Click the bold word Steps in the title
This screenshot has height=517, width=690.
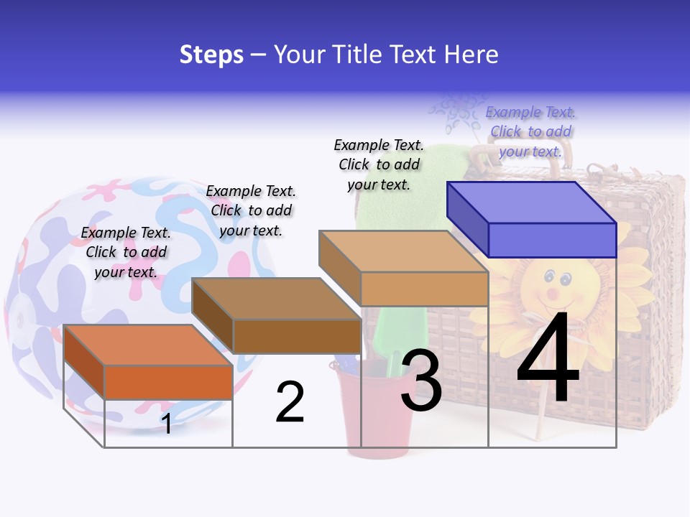[x=211, y=55]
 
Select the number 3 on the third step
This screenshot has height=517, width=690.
[x=422, y=381]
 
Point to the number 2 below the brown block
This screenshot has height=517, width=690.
[x=290, y=402]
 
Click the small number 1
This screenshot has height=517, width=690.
[x=167, y=424]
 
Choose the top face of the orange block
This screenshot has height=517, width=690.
[x=148, y=345]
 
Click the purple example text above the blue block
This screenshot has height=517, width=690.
[x=530, y=131]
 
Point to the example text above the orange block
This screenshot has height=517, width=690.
[x=126, y=252]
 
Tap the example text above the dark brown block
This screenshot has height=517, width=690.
[x=251, y=210]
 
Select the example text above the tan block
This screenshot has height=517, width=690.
[x=379, y=164]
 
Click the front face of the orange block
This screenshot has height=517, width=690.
[x=168, y=381]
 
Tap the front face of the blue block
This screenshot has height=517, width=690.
[x=552, y=240]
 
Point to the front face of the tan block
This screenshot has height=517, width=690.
[x=424, y=289]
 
